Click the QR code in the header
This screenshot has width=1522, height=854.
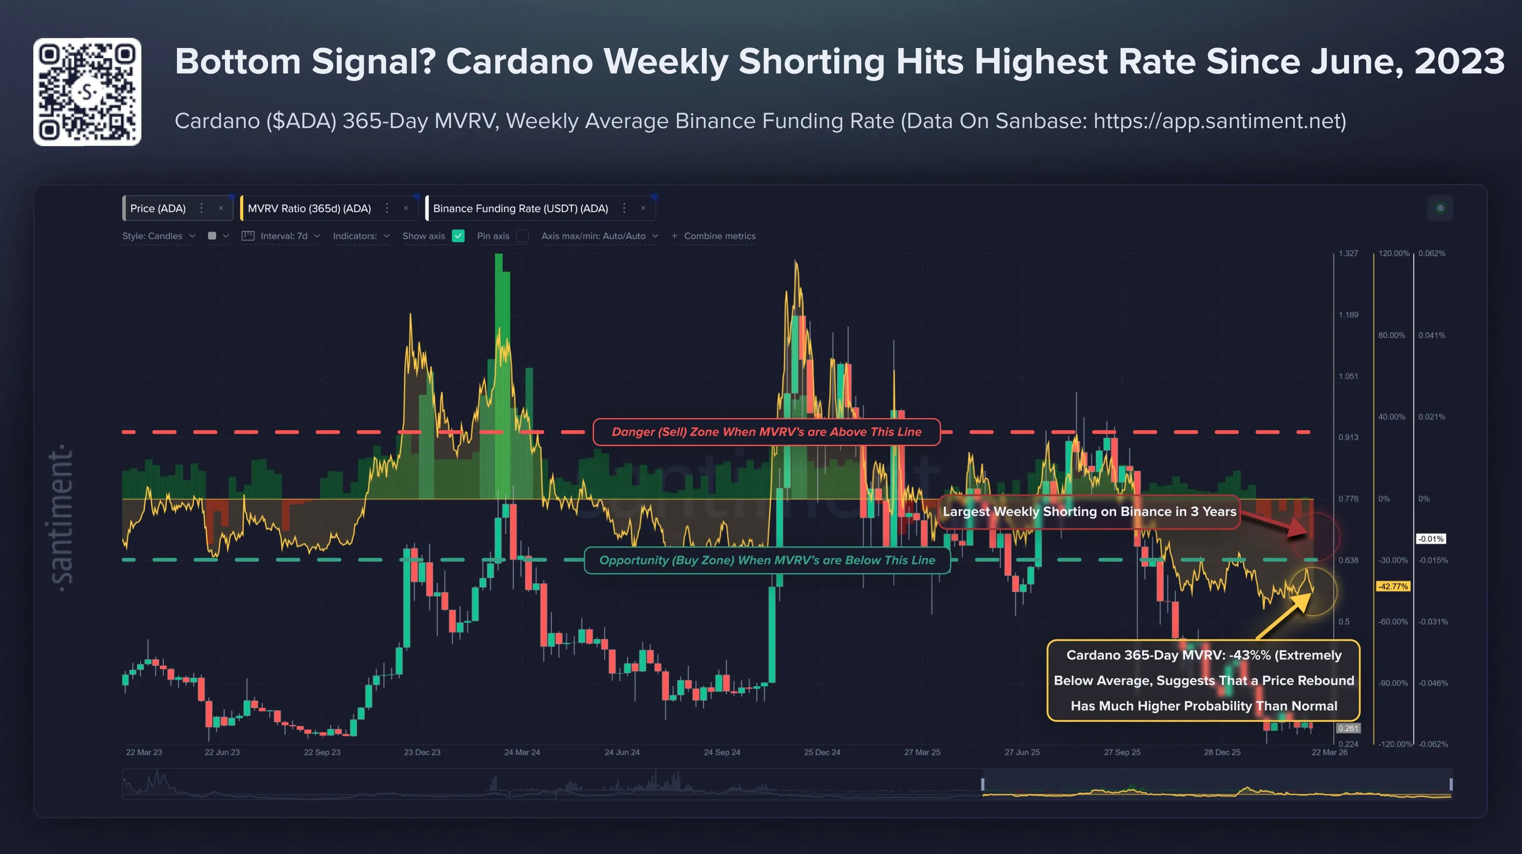(x=87, y=92)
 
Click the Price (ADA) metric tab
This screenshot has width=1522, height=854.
(x=158, y=209)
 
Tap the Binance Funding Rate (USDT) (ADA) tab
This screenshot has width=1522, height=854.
(x=520, y=209)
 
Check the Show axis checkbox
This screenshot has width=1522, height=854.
(x=458, y=236)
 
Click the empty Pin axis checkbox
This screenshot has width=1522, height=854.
(x=523, y=236)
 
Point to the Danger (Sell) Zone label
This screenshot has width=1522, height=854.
(x=766, y=432)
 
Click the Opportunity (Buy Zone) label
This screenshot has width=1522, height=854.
(x=767, y=560)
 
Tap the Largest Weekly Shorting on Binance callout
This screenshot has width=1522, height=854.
(x=1089, y=512)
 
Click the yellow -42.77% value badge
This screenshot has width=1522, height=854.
(x=1393, y=586)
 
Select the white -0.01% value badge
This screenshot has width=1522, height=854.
(x=1430, y=538)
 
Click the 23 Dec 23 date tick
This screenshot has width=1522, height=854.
(x=422, y=752)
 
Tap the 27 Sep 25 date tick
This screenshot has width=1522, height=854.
(x=1122, y=752)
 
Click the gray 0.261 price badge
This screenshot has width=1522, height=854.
(x=1347, y=728)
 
